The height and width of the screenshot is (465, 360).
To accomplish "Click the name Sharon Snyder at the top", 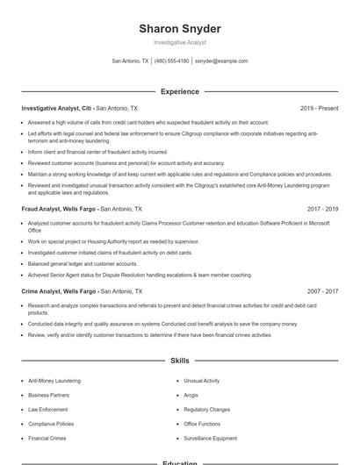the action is pyautogui.click(x=179, y=28).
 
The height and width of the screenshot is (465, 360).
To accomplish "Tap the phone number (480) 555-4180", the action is pyautogui.click(x=171, y=61).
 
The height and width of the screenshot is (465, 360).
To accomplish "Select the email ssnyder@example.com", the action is pyautogui.click(x=221, y=61).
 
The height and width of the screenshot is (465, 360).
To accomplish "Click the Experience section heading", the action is pyautogui.click(x=179, y=91).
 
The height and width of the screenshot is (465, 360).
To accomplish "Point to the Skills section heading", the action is pyautogui.click(x=179, y=361).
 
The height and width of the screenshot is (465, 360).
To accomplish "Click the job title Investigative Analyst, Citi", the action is pyautogui.click(x=57, y=108).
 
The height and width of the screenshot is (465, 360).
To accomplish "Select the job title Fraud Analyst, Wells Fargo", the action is pyautogui.click(x=59, y=210).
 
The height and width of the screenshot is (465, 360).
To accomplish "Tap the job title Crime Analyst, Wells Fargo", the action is pyautogui.click(x=59, y=290).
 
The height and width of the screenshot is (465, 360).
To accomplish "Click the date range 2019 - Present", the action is pyautogui.click(x=319, y=108).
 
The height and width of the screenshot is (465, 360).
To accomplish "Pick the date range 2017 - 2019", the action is pyautogui.click(x=322, y=210).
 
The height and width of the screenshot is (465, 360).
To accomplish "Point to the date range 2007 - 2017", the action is pyautogui.click(x=322, y=290).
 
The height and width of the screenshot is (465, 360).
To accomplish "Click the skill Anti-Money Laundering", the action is pyautogui.click(x=54, y=381).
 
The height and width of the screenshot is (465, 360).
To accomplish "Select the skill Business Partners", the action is pyautogui.click(x=49, y=395).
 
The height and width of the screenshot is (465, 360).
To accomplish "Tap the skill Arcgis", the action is pyautogui.click(x=191, y=395).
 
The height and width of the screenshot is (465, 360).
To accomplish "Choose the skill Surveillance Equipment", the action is pyautogui.click(x=211, y=438).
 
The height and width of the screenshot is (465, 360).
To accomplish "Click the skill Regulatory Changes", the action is pyautogui.click(x=207, y=409).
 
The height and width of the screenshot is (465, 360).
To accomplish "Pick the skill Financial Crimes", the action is pyautogui.click(x=47, y=438).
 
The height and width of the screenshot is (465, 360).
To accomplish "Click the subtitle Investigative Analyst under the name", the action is pyautogui.click(x=179, y=42).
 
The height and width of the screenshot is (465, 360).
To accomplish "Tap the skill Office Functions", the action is pyautogui.click(x=203, y=424).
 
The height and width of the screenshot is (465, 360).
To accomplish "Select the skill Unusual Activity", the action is pyautogui.click(x=202, y=381).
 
